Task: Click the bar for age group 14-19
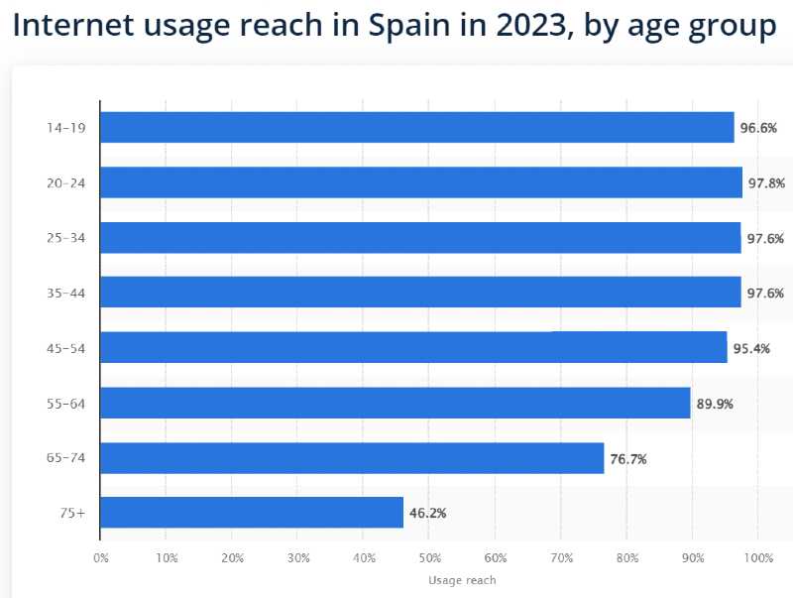coord(416,127)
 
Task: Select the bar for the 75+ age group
coord(252,513)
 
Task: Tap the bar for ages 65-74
coord(352,458)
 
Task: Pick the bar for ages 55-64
coord(395,403)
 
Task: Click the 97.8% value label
coord(766,183)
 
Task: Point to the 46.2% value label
coord(427,514)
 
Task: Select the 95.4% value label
coord(751,348)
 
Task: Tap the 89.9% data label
coord(715,404)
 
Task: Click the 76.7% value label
coord(628,459)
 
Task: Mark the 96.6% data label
coord(758,128)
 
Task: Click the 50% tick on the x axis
coord(429,558)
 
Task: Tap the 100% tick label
coord(757,558)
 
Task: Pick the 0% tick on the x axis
coord(101,558)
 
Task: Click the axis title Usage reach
coord(462,580)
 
